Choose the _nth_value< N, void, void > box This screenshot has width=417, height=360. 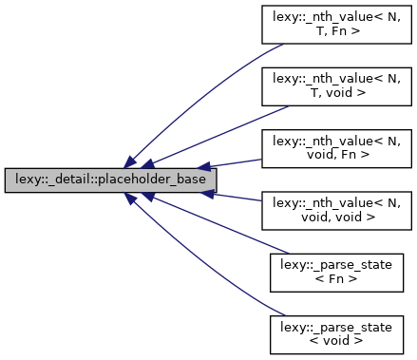[x=336, y=210]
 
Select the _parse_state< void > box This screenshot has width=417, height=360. [x=336, y=332]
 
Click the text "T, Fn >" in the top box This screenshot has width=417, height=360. [x=336, y=34]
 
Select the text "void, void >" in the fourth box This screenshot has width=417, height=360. [x=336, y=217]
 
